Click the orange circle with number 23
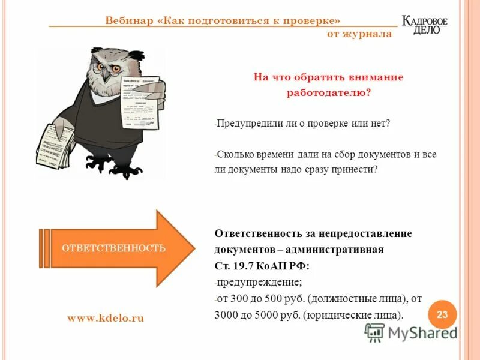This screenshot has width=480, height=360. pyautogui.click(x=442, y=314)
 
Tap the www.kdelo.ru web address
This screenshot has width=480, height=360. pyautogui.click(x=106, y=319)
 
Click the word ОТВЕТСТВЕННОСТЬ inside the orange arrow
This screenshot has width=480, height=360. pyautogui.click(x=114, y=248)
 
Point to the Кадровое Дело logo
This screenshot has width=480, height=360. pyautogui.click(x=425, y=25)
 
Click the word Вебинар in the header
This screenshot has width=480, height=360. pyautogui.click(x=128, y=19)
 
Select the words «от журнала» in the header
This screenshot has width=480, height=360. pyautogui.click(x=359, y=34)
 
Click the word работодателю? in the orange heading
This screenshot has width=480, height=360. pyautogui.click(x=328, y=92)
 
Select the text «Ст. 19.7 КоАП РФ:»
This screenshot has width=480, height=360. pyautogui.click(x=262, y=265)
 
